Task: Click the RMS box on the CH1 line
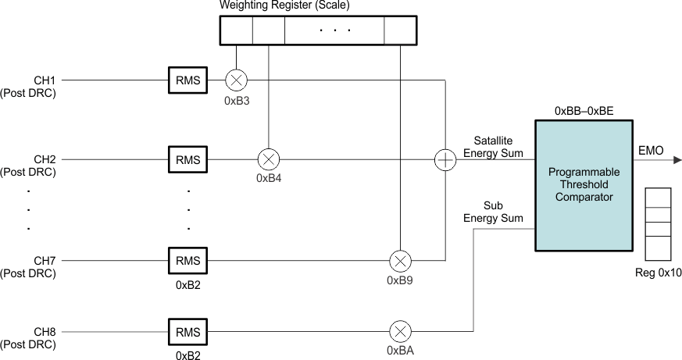[x=188, y=80]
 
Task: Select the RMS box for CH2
[x=188, y=160]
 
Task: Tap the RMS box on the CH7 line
[x=188, y=261]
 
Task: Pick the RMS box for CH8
[x=188, y=333]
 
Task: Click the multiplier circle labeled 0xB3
[x=236, y=80]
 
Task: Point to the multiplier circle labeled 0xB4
[x=269, y=160]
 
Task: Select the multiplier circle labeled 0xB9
[x=400, y=261]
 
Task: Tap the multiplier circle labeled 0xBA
[x=400, y=333]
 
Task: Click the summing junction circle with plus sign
[x=445, y=160]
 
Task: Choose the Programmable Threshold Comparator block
[x=584, y=185]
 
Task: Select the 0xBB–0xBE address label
[x=584, y=111]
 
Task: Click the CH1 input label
[x=45, y=80]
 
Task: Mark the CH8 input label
[x=45, y=333]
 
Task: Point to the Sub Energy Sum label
[x=493, y=212]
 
